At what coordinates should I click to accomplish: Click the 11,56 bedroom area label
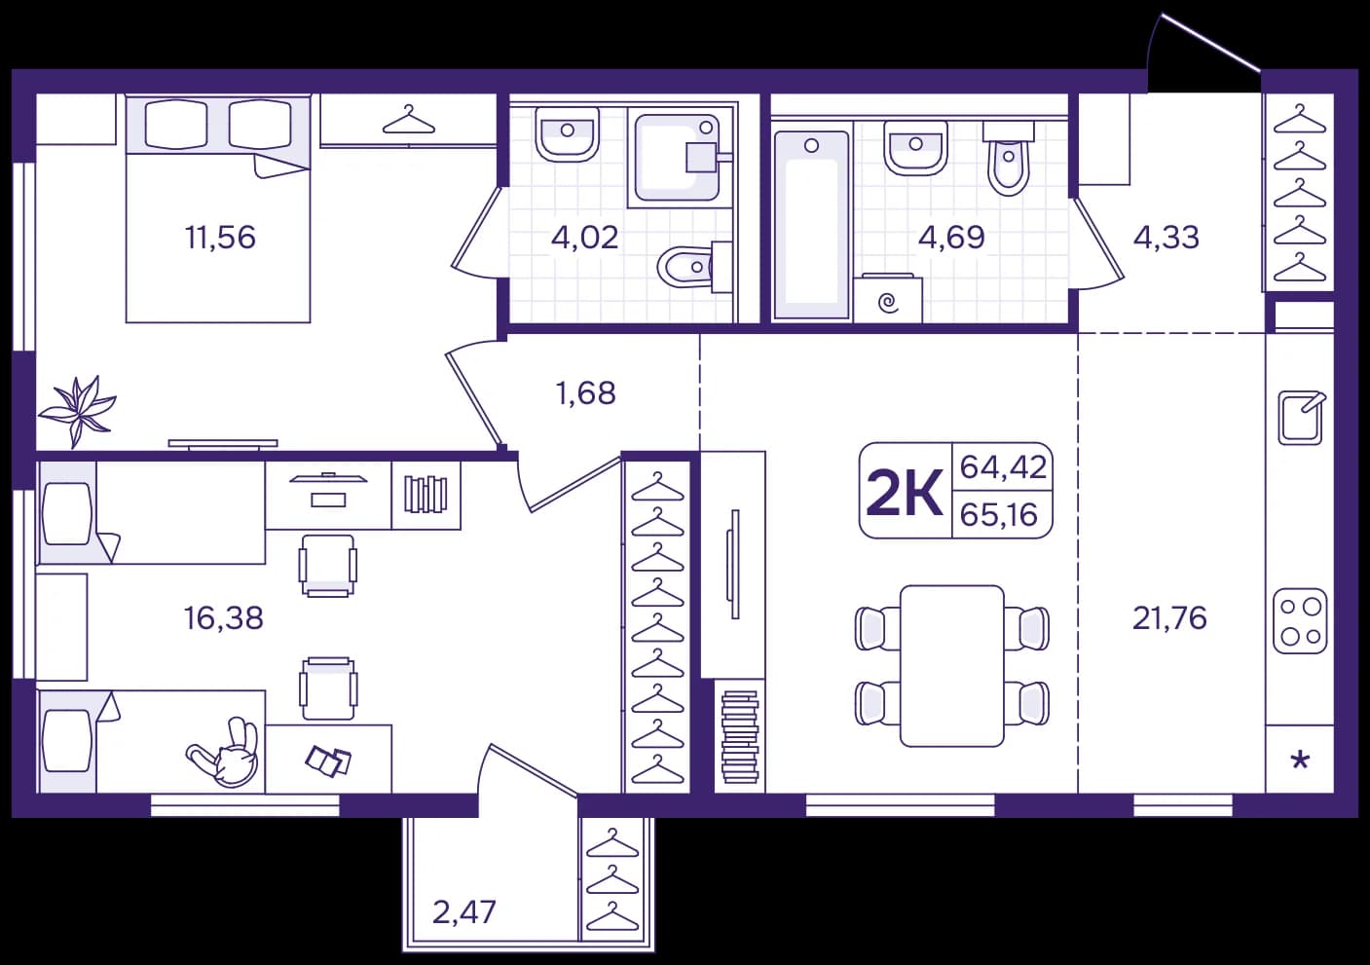220,238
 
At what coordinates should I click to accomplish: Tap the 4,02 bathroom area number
584,238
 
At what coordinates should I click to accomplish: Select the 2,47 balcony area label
464,912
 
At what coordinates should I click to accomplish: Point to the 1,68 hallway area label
586,393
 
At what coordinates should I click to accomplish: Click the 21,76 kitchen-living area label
1169,618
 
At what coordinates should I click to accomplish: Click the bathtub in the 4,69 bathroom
812,225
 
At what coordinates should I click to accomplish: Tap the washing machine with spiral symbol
887,298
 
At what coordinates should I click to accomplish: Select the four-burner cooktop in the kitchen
1300,621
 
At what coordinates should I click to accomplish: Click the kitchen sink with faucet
1302,418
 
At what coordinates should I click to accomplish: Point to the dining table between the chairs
952,666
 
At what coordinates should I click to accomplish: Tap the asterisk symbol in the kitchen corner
1300,761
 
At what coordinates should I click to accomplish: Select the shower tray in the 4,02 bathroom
677,158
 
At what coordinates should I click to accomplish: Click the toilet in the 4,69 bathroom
1009,157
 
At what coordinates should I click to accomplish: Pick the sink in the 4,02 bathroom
567,134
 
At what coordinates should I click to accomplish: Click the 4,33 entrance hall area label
1166,238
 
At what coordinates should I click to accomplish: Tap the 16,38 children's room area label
224,618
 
